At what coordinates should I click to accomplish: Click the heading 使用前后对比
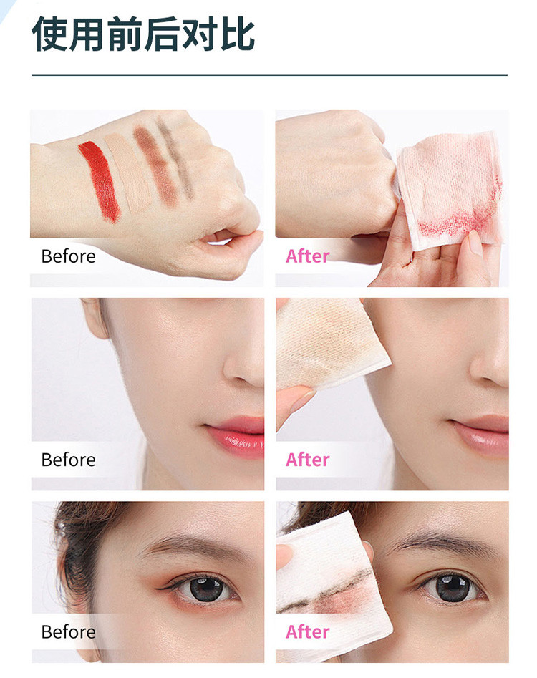143,34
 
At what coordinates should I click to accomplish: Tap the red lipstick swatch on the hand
100,180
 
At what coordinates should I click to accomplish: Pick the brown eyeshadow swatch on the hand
156,164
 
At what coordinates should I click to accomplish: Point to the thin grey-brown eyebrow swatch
175,158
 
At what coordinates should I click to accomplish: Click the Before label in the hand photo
68,256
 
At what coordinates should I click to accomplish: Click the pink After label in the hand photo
307,256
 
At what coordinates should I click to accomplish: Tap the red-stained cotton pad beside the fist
450,190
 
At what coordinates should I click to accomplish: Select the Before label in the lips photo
68,460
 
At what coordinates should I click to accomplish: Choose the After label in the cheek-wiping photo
307,460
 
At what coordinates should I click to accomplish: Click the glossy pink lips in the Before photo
236,435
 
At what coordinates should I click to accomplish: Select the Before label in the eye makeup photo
68,631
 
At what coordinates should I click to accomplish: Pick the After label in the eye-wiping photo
307,631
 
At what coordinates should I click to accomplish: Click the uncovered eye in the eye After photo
452,587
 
